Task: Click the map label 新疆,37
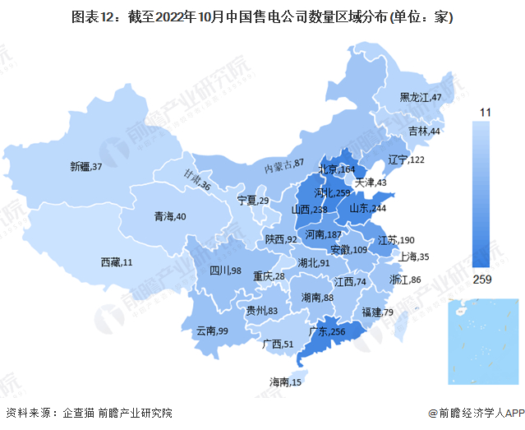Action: coord(86,167)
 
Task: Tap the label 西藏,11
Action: coord(116,262)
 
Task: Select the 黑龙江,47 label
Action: coord(421,98)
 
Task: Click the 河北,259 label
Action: coord(333,194)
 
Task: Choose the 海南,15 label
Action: coord(286,382)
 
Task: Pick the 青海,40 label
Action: coord(170,217)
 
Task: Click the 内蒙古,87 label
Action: coord(284,165)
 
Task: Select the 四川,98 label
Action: coord(223,270)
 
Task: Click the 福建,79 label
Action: coord(377,312)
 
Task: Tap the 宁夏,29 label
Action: coord(253,201)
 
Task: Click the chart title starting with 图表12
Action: coord(262,16)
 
